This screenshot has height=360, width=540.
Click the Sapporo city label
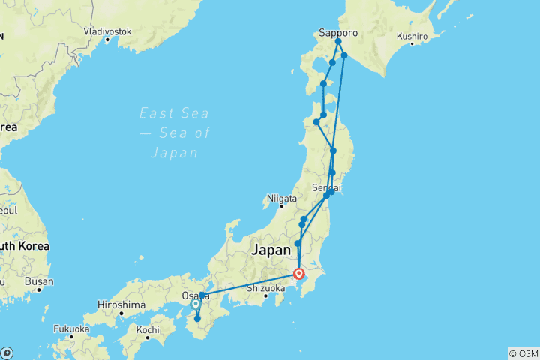tap(338, 33)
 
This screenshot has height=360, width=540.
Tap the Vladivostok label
tap(107, 31)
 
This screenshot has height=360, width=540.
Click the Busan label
tap(39, 282)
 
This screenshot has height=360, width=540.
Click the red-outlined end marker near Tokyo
tap(299, 274)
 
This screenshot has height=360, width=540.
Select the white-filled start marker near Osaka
tap(195, 304)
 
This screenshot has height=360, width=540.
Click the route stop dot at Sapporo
tap(338, 42)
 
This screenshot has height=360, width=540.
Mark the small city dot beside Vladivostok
tap(107, 40)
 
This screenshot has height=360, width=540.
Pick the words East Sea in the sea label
tap(173, 113)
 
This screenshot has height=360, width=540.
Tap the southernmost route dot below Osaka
tap(197, 319)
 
